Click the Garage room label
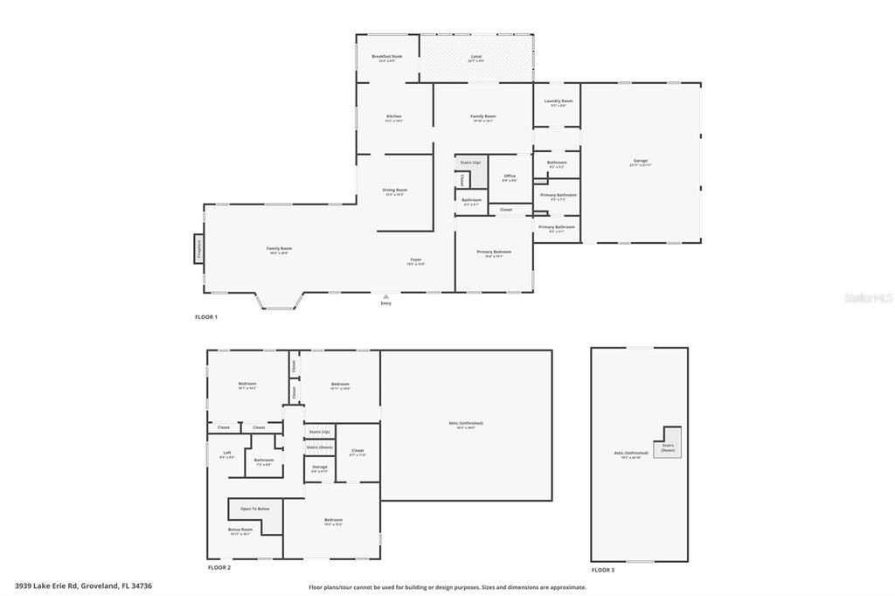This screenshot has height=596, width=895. coord(641,161)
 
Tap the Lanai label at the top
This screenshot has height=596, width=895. coord(476,57)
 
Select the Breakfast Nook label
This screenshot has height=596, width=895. coord(386,57)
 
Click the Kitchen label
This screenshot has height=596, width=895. coord(394,117)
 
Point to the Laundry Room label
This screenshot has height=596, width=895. coord(559,101)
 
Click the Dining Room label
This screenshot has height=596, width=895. coord(394,191)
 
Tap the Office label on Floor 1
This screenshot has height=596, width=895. coord(510,177)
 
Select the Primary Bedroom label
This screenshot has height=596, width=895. coord(494,253)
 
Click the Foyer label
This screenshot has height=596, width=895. coord(416,260)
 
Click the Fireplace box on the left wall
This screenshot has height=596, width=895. coord(198,248)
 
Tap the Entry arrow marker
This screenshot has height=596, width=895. coord(385,297)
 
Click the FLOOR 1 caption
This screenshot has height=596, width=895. coord(206,317)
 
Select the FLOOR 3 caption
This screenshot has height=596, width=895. coord(603,570)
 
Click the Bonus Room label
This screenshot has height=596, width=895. coord(241,530)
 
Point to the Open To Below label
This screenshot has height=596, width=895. coord(255,508)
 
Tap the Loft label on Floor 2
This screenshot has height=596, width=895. coord(226,453)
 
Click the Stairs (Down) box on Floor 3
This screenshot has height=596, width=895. coord(668,447)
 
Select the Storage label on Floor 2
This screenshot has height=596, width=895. coord(319,468)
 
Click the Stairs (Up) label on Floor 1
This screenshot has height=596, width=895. coord(470,163)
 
